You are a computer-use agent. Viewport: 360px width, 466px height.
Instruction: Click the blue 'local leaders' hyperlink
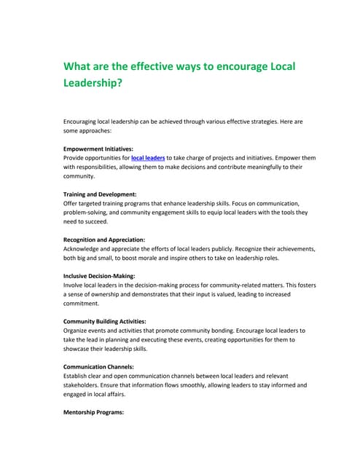[148, 157]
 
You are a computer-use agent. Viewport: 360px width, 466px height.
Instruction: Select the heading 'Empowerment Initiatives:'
[98, 148]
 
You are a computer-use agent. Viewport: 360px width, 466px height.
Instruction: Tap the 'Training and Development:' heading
[100, 194]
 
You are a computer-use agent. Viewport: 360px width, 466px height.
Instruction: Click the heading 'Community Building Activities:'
[105, 321]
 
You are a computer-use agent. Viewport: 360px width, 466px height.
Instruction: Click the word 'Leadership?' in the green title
[93, 83]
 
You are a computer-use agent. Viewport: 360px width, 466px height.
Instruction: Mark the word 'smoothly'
[197, 385]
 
